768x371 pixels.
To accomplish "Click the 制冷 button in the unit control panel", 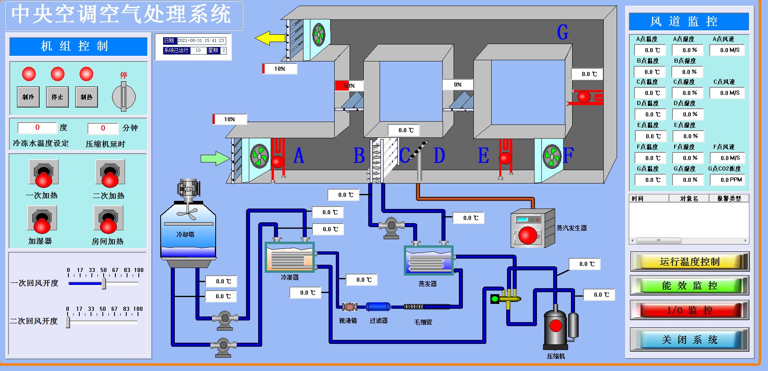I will coord(28,97).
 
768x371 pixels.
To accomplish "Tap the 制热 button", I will coord(86,97).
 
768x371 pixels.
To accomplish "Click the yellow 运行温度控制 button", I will coord(690,262).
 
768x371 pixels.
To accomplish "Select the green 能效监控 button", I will coord(690,286).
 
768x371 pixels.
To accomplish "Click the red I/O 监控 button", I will coord(690,310).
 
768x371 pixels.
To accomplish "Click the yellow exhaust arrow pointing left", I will coord(270,38).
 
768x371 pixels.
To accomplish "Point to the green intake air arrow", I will coord(215,158).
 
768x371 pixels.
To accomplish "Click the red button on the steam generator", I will coord(528,235).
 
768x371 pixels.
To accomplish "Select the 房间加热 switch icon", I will coord(108,220).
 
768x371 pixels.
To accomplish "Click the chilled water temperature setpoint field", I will coord(37,128).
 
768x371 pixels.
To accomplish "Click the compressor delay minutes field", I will coord(103,128).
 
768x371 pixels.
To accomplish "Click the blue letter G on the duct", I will coord(562,32).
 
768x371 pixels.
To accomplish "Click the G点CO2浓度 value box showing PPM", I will coord(731,180).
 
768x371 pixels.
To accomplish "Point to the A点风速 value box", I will coord(730,50).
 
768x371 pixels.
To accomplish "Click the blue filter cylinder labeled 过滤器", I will coord(378,307).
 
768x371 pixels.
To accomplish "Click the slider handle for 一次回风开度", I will coord(104,283).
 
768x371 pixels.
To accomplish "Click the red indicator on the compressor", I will coord(556,325).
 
